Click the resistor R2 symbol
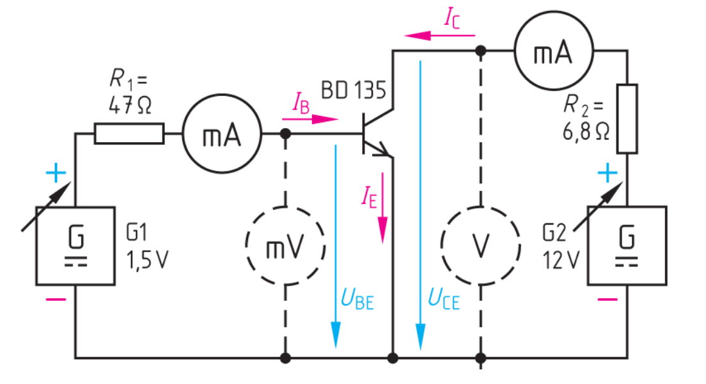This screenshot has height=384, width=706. click(627, 119)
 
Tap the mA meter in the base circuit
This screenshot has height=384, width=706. click(222, 134)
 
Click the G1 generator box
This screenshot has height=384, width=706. click(75, 245)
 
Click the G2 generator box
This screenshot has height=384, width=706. click(627, 245)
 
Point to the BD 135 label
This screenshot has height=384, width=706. click(353, 92)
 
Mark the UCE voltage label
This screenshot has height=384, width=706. click(443, 300)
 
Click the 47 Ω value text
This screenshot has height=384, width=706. click(130, 106)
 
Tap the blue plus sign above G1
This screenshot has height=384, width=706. click(56, 172)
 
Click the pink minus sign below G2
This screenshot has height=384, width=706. click(607, 299)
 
